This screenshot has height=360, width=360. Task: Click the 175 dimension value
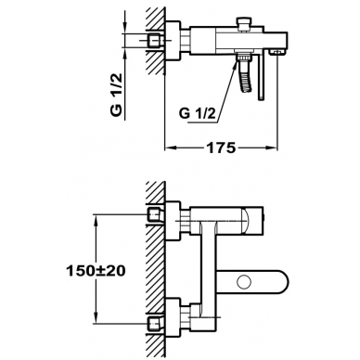click(x=221, y=148)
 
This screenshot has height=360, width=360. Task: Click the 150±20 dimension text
click(x=96, y=271)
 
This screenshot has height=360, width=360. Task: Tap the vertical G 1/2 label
click(x=117, y=95)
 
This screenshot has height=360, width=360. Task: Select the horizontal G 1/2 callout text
click(x=197, y=113)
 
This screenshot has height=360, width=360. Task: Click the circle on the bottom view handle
click(x=244, y=282)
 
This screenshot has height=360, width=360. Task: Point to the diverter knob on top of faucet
click(x=243, y=24)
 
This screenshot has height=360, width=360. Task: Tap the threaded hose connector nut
click(x=243, y=58)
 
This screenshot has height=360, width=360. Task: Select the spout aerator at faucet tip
click(x=276, y=52)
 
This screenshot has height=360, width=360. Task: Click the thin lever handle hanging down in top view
click(x=262, y=76)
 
